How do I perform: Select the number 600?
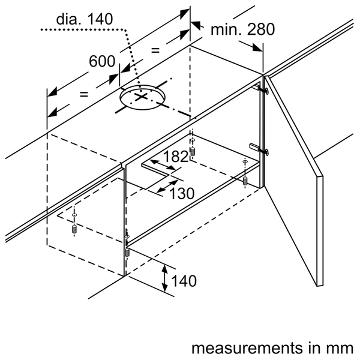102,62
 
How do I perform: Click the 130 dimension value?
181,193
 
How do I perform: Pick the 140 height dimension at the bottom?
184,280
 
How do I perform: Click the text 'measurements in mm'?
272,349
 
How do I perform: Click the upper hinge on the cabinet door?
262,88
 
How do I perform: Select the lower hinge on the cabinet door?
257,146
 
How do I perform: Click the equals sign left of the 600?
83,94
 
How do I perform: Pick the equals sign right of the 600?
155,50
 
